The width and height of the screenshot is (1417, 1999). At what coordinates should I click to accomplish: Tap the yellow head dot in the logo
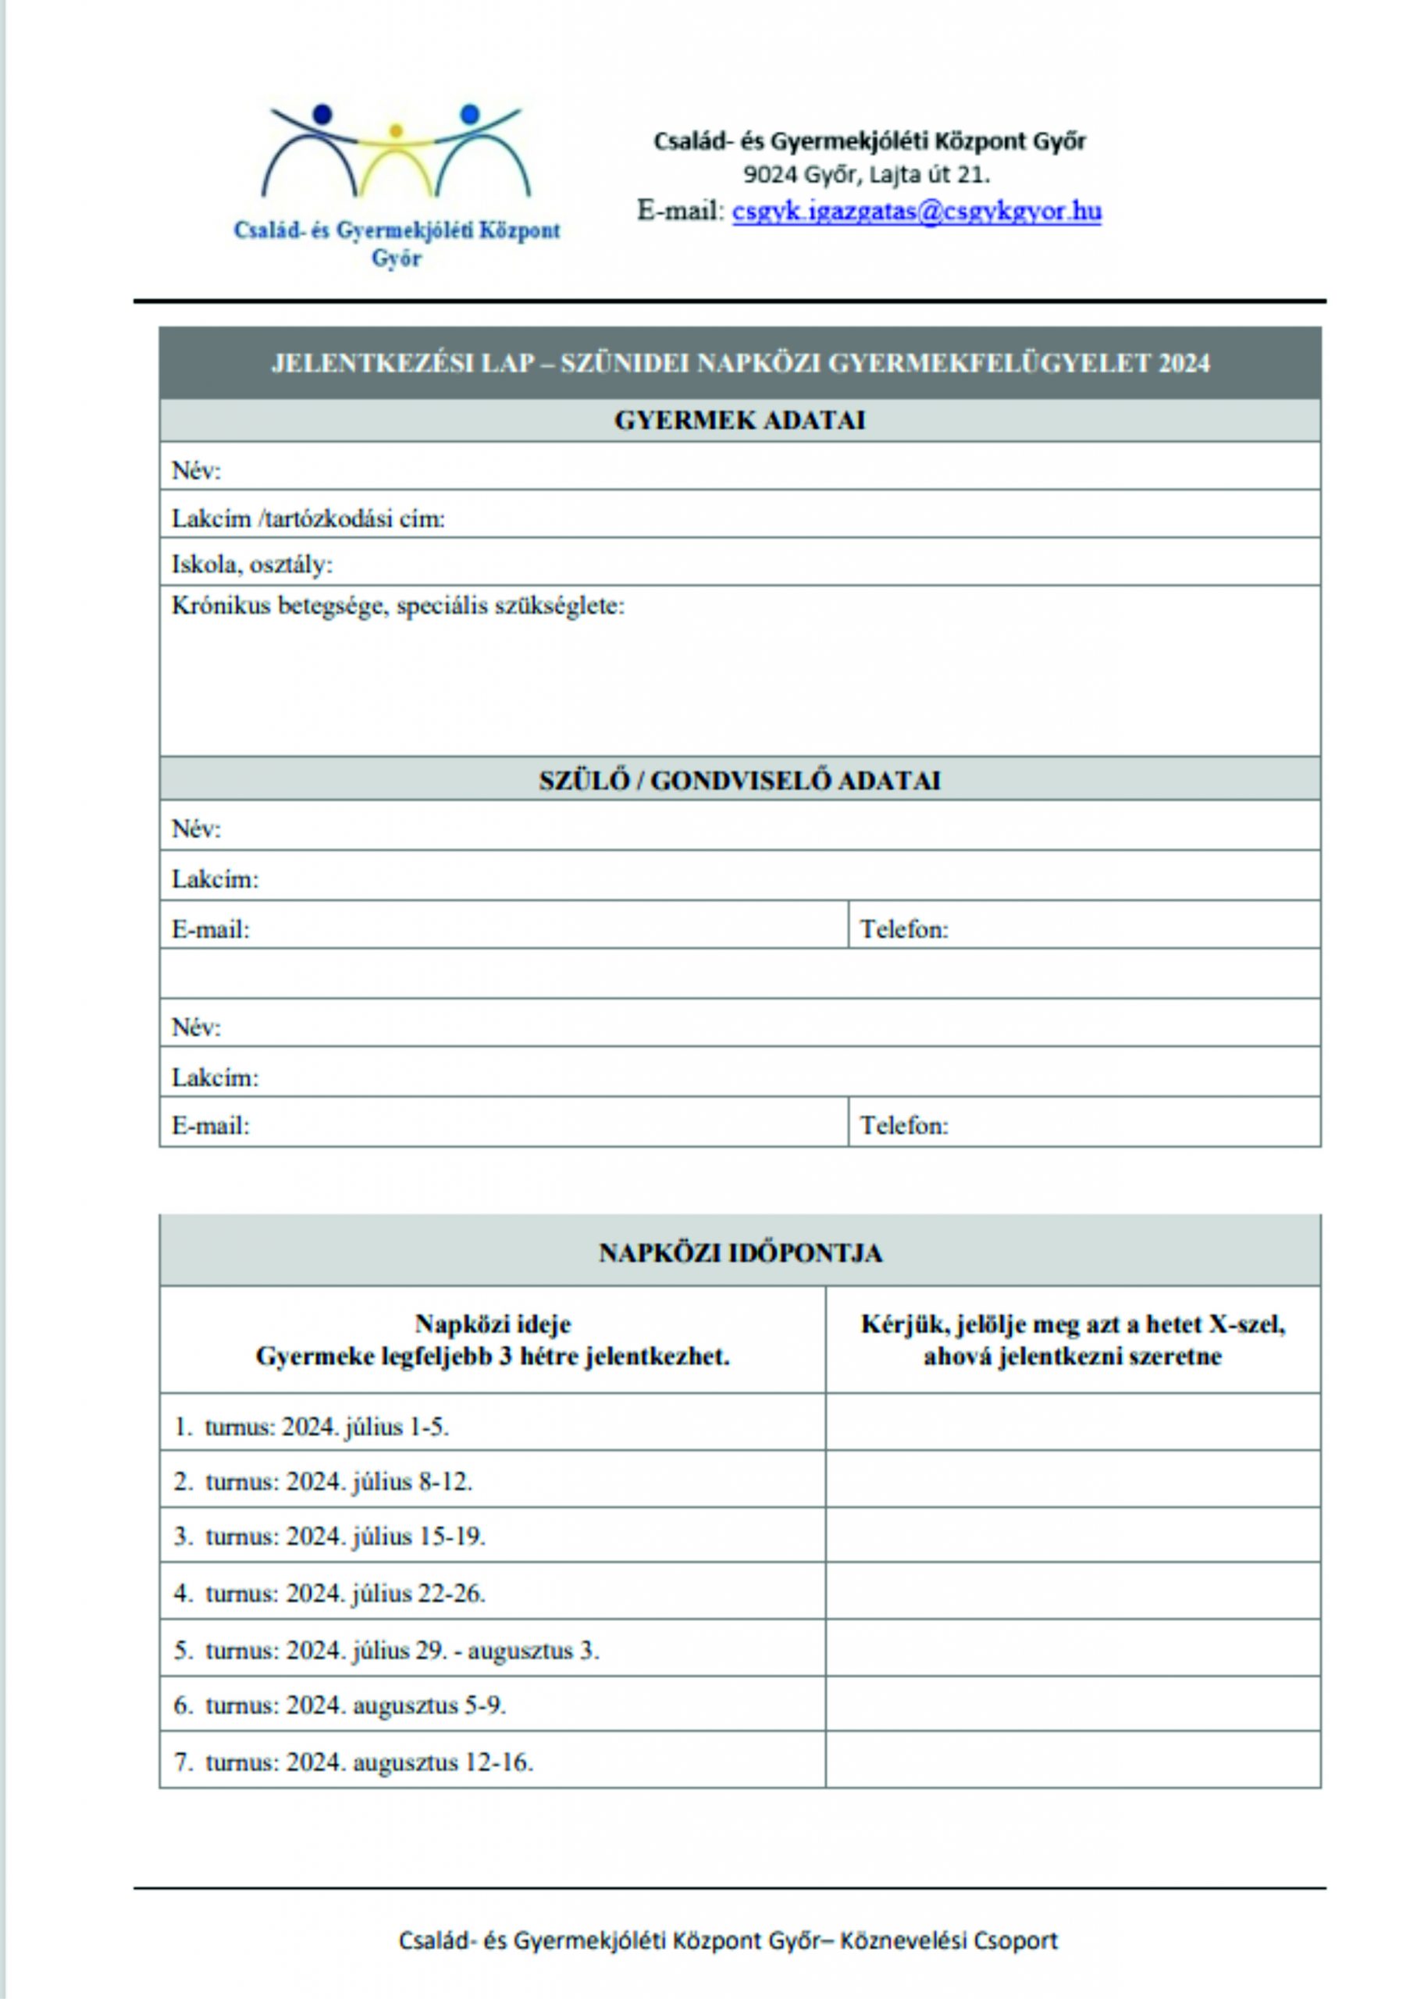point(396,132)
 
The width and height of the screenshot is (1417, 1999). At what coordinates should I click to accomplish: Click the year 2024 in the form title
point(1184,364)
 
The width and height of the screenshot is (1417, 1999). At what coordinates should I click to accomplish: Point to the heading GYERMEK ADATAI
point(740,421)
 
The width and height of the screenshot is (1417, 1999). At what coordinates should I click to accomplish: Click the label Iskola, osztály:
point(252,565)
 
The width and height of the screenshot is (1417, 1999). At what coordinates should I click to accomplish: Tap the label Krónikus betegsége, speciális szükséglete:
point(398,605)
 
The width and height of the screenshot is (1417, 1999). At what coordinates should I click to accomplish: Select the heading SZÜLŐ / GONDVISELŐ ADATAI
point(740,780)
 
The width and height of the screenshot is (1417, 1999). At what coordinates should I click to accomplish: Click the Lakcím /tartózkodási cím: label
point(308,519)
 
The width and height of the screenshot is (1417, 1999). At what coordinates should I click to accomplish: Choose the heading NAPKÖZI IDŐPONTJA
point(740,1253)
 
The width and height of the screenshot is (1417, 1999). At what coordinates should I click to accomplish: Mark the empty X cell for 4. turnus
point(1073,1593)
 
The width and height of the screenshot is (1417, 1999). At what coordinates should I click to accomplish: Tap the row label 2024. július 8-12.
point(379,1481)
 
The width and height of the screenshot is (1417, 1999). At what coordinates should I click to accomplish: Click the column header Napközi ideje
point(493,1324)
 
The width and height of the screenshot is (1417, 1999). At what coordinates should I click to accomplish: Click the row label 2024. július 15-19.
point(386,1537)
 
